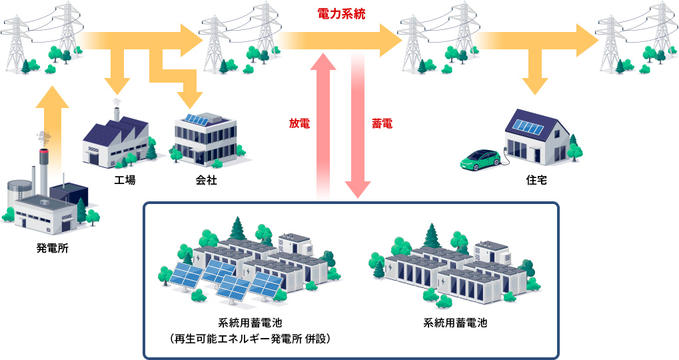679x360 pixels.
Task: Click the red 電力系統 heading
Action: pos(340,13)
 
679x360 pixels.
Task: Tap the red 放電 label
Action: pos(299,123)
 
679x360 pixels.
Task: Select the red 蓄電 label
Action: pos(381,123)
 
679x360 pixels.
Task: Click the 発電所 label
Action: pos(52,250)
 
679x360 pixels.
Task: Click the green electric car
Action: pos(480,159)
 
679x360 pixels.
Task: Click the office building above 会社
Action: pos(205,139)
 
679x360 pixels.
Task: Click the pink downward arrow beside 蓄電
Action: pos(358,127)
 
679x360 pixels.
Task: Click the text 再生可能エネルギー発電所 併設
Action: pos(250,339)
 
